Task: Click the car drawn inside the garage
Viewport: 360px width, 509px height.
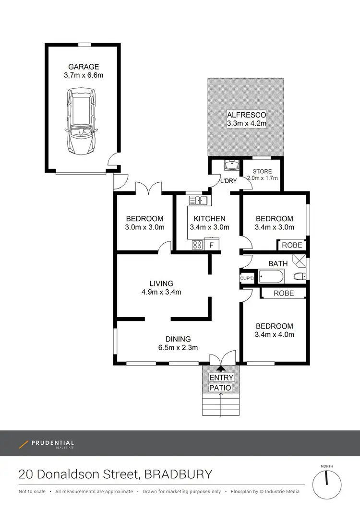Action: tap(82, 121)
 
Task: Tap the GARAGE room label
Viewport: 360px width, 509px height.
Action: tap(84, 67)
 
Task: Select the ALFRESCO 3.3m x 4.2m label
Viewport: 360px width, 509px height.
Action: tap(247, 119)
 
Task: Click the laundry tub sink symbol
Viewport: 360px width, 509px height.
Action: tap(232, 165)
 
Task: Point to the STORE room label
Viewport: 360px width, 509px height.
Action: tap(262, 171)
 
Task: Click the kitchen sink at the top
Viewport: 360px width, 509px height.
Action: tap(198, 200)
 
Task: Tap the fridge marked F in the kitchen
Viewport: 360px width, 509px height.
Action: tap(212, 244)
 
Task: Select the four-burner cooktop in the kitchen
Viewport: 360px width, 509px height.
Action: tap(197, 245)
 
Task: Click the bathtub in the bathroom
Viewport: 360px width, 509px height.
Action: tap(271, 277)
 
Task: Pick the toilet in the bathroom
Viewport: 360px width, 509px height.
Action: tap(300, 277)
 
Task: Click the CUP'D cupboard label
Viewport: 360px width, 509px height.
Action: tap(247, 279)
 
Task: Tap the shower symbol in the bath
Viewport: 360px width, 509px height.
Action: tap(299, 260)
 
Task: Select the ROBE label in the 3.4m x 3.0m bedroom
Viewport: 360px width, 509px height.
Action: tap(292, 245)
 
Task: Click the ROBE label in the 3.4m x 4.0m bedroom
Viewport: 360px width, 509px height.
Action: tap(284, 294)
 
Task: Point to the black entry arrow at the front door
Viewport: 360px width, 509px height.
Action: tap(221, 368)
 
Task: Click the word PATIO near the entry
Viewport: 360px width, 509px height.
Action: tap(220, 388)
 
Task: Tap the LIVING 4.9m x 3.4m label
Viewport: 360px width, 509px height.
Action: tap(161, 288)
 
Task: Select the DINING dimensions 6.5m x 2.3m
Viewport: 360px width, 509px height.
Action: tap(178, 348)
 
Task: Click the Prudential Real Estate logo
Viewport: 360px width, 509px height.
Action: tap(47, 444)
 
